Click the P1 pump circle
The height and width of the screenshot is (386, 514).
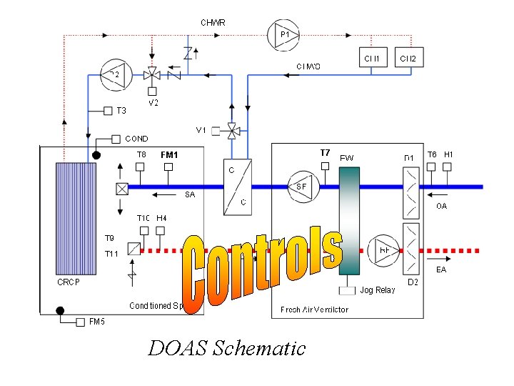[283, 34]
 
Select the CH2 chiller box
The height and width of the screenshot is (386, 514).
[409, 58]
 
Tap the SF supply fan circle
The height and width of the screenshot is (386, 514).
[303, 187]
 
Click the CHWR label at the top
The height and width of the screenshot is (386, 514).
[213, 22]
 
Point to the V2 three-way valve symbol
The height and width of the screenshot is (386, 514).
[151, 74]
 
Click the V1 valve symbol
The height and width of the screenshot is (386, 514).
[231, 130]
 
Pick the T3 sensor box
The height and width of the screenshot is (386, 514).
[108, 111]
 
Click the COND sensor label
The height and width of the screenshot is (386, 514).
[137, 139]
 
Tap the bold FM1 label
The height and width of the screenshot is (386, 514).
[169, 154]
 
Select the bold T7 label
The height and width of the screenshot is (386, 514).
[326, 152]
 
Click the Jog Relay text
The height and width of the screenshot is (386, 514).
[378, 290]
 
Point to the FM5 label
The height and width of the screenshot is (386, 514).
[97, 322]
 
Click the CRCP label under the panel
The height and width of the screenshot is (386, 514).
[69, 282]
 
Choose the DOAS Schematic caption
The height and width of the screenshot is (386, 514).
[226, 348]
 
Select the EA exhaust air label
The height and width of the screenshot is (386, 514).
[441, 269]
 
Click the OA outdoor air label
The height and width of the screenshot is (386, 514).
[441, 207]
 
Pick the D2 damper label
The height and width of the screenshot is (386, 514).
[413, 282]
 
